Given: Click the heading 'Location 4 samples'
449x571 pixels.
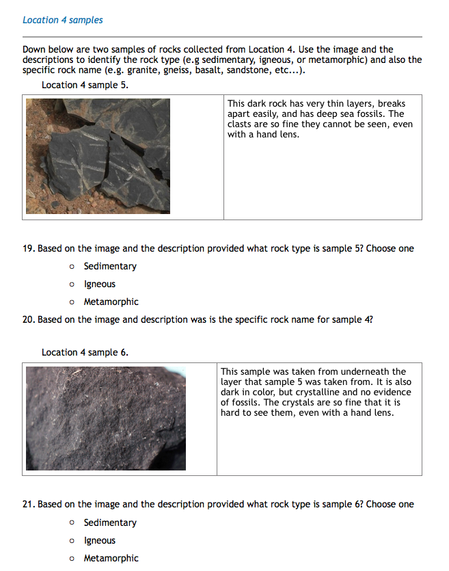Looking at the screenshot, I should tap(63, 20).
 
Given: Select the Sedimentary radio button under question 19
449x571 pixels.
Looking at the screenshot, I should tap(72, 267).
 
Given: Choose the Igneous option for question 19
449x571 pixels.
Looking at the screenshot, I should tap(72, 284).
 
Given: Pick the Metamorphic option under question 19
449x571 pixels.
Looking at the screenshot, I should tap(72, 302).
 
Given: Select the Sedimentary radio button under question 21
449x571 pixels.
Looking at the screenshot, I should tap(72, 523).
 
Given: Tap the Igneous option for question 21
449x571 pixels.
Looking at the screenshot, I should tap(72, 541).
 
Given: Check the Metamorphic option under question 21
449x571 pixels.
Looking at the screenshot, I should tap(72, 559).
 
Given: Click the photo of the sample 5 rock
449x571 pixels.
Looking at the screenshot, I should tap(98, 155).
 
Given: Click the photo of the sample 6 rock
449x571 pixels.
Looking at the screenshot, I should tap(106, 419).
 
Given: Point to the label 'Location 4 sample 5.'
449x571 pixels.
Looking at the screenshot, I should tap(85, 85).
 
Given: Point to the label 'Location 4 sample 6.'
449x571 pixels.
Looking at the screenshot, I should tap(85, 352).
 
